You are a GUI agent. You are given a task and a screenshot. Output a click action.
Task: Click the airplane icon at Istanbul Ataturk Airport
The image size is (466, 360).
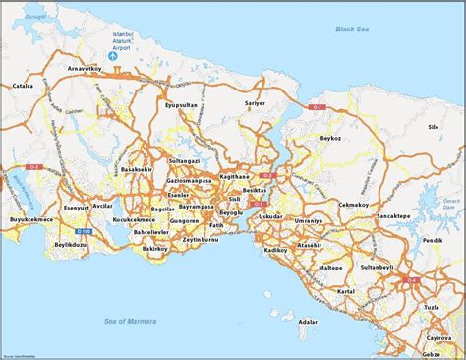point(114,56)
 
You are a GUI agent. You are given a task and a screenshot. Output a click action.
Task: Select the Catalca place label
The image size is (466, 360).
point(22,86)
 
